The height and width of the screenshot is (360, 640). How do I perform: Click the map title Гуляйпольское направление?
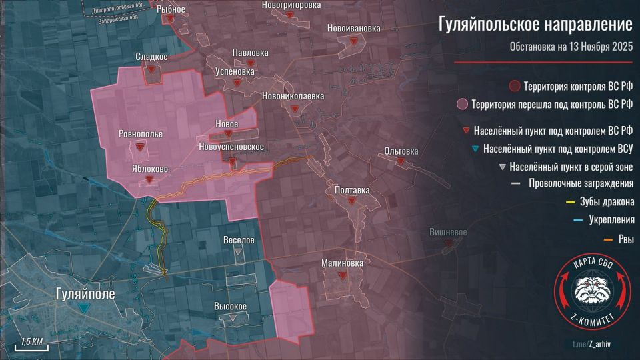coord(535,25)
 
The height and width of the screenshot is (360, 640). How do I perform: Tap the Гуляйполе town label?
coord(85,293)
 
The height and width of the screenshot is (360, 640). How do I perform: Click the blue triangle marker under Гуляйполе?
coord(83,308)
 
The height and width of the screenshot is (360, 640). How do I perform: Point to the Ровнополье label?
coord(140,133)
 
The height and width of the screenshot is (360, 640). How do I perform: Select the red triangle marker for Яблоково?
coord(150,179)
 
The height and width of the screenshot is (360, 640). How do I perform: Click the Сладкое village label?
coord(153,57)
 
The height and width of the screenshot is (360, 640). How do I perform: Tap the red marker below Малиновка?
coord(342,275)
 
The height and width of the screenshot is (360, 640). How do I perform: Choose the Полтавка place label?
coord(351,190)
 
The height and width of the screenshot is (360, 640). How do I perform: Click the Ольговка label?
coord(401,151)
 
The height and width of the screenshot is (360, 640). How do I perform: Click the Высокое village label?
coord(231,306)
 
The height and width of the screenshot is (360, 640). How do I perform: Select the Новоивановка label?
coord(354,28)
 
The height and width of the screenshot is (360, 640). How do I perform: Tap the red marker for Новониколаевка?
coord(294,109)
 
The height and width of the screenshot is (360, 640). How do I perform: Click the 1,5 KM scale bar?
coord(31,345)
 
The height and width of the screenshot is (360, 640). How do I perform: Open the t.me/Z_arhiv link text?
coord(592,343)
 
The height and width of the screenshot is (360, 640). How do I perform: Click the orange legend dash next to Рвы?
coord(516,239)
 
